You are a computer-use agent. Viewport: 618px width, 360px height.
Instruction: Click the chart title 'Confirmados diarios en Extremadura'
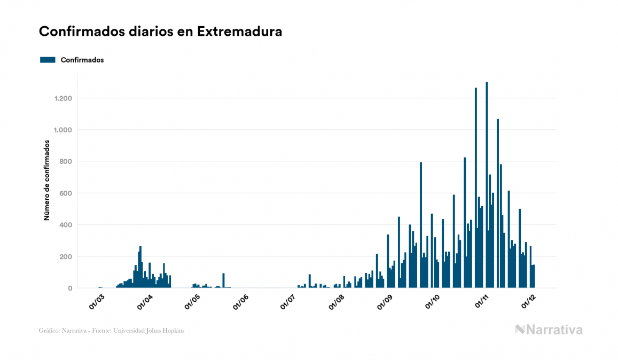point(160,32)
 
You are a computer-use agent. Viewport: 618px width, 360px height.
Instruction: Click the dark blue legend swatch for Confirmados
point(48,60)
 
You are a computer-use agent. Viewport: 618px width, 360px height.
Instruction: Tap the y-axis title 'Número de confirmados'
point(46,181)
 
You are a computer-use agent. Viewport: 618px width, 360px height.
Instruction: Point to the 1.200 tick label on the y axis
point(63,98)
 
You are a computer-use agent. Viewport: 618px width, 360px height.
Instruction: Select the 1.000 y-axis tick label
point(63,130)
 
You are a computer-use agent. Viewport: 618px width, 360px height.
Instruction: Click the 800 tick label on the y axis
point(66,161)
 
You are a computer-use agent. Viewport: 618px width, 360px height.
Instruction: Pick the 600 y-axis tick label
point(66,193)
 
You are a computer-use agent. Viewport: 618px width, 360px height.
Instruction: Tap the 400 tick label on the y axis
point(66,225)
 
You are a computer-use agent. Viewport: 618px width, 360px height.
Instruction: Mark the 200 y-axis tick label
point(66,256)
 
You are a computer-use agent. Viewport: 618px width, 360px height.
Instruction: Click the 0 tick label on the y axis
point(70,288)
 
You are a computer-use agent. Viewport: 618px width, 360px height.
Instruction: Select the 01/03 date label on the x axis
point(97,301)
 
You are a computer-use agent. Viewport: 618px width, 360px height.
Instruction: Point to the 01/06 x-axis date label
point(240,301)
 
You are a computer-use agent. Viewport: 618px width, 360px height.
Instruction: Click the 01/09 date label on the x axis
point(385,301)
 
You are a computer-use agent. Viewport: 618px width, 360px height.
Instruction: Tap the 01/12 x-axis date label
point(528,301)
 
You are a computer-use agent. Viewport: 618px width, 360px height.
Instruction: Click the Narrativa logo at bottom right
point(549,330)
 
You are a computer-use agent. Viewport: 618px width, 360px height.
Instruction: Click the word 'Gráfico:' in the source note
point(49,331)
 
